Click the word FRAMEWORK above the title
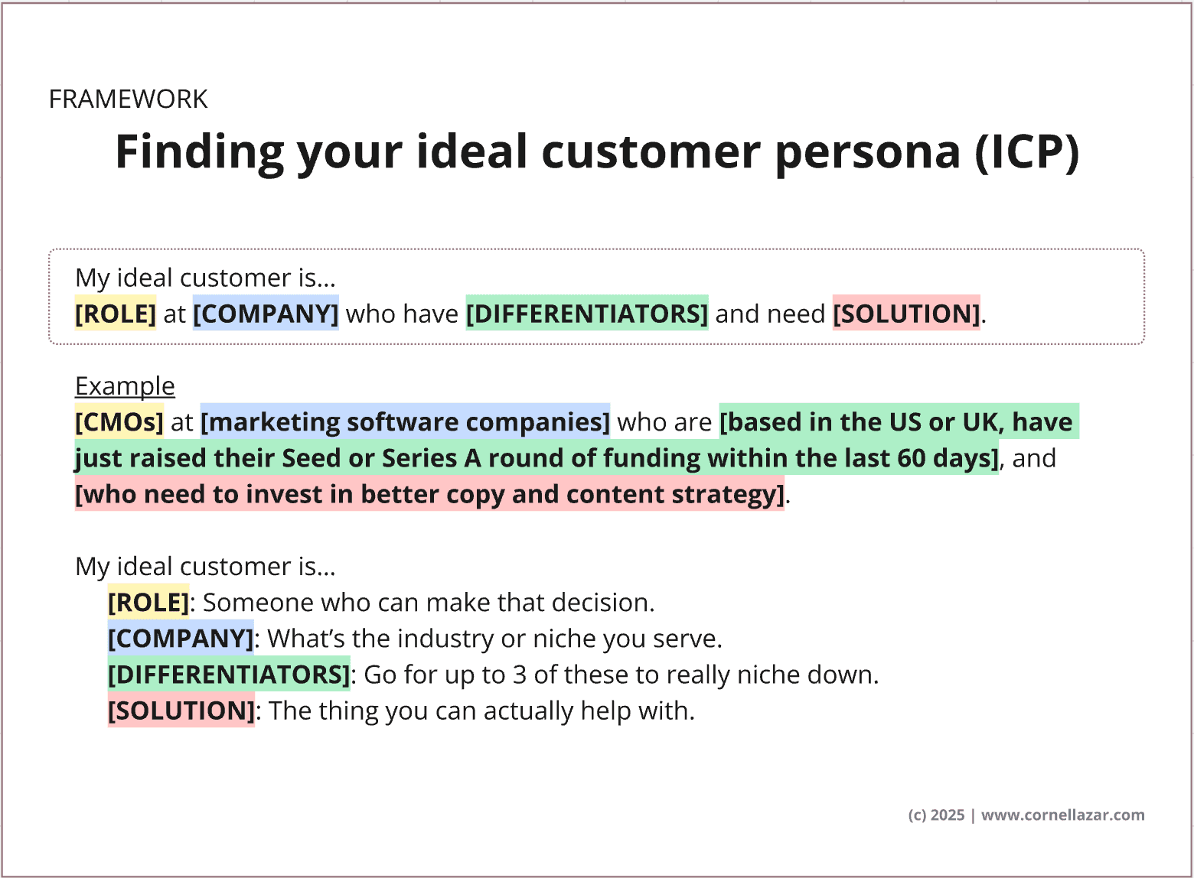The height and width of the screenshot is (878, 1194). [x=128, y=99]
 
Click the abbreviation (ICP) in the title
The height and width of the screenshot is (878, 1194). [x=1027, y=152]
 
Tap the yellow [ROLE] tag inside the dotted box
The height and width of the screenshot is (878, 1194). [x=116, y=314]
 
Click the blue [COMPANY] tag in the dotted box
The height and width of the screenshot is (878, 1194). [x=266, y=314]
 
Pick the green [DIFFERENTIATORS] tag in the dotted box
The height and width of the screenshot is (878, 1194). [x=587, y=314]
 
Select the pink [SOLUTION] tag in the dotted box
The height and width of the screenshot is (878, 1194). [x=906, y=314]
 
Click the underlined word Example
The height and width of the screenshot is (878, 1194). [x=125, y=385]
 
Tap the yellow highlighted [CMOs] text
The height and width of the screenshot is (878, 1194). [x=119, y=422]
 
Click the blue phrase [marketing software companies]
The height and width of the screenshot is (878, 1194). [x=405, y=422]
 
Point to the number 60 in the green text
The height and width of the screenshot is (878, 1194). [x=911, y=458]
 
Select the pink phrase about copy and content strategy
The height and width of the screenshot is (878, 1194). [x=429, y=494]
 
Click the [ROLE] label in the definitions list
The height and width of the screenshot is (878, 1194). [x=148, y=603]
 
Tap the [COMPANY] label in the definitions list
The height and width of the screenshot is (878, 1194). [x=181, y=639]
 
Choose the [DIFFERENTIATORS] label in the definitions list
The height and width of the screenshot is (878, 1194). [x=229, y=675]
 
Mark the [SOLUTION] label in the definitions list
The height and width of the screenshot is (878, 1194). [x=181, y=711]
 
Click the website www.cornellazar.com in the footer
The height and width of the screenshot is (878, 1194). [x=1063, y=815]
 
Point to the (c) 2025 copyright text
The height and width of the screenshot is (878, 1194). [x=937, y=815]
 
